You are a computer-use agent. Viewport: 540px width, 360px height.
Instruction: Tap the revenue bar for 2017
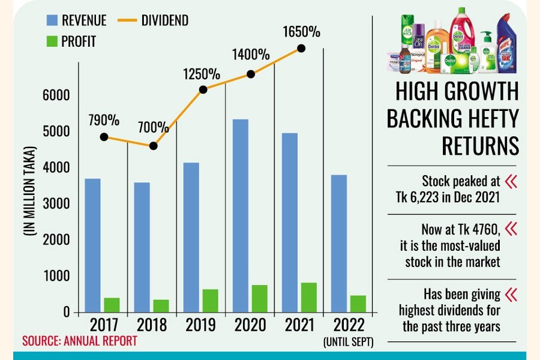[x=92, y=245]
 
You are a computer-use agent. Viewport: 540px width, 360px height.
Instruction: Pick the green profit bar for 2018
[x=161, y=306]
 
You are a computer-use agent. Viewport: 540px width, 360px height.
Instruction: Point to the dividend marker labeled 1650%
[x=301, y=48]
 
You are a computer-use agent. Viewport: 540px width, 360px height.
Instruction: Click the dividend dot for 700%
[x=153, y=146]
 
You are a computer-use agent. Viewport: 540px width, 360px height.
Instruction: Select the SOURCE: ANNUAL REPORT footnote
[x=80, y=341]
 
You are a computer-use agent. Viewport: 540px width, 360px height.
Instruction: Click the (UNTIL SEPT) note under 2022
[x=347, y=343]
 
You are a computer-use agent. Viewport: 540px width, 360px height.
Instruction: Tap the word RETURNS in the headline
[x=480, y=146]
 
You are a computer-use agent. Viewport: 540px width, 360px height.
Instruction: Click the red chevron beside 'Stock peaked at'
[x=511, y=181]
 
